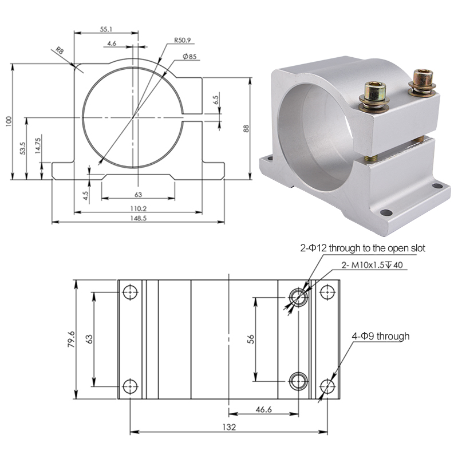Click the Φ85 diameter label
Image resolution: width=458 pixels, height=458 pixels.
point(190,56)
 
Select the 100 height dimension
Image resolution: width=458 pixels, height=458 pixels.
point(7,121)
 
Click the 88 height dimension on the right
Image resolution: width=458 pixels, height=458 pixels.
point(246,128)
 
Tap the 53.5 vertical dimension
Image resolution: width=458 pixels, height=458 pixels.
point(22,149)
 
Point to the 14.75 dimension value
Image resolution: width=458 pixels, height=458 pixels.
point(37,145)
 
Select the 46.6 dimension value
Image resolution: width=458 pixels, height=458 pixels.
point(263,409)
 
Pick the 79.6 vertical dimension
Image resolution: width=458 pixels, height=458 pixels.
point(71,339)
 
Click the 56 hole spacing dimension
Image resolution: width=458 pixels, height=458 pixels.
point(250,339)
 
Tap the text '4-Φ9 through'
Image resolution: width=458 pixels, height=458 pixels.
point(381,336)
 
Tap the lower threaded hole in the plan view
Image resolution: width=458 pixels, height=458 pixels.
point(298,380)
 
